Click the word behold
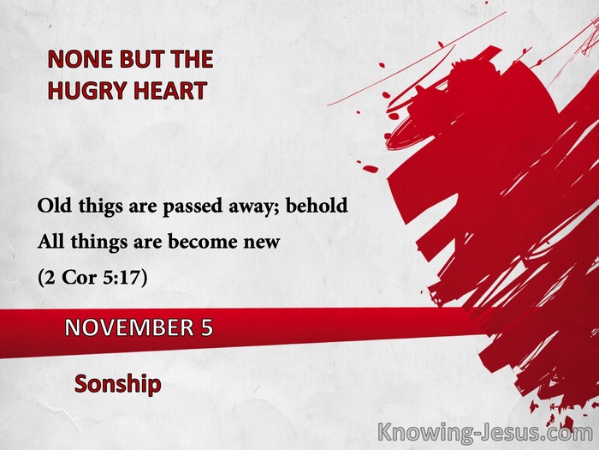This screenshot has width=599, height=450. click(317, 206)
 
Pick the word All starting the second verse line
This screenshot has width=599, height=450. click(50, 241)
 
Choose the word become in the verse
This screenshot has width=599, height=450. click(202, 241)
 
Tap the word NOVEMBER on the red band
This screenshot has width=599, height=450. click(129, 328)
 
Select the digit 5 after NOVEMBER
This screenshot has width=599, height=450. click(207, 328)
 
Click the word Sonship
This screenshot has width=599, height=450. click(118, 384)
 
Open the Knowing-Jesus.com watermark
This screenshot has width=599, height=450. click(485, 433)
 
